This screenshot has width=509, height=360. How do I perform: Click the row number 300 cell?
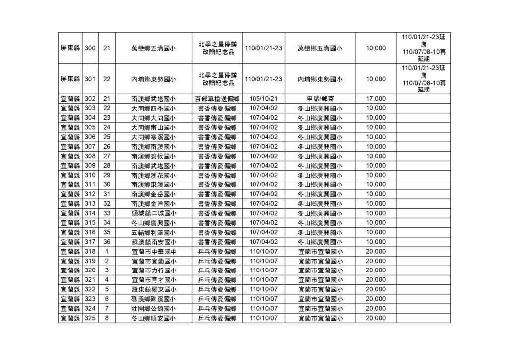coord(91,48)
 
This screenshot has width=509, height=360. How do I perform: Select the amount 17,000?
coord(375,99)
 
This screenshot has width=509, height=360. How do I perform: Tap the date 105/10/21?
coord(263,99)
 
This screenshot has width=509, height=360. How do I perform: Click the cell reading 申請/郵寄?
coord(320,99)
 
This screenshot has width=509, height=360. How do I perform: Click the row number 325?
coord(91,318)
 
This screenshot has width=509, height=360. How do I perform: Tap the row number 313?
coord(91,203)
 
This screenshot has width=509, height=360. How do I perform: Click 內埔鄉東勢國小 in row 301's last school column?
coord(320,79)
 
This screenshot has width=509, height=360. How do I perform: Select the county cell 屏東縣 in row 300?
coord(70,48)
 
